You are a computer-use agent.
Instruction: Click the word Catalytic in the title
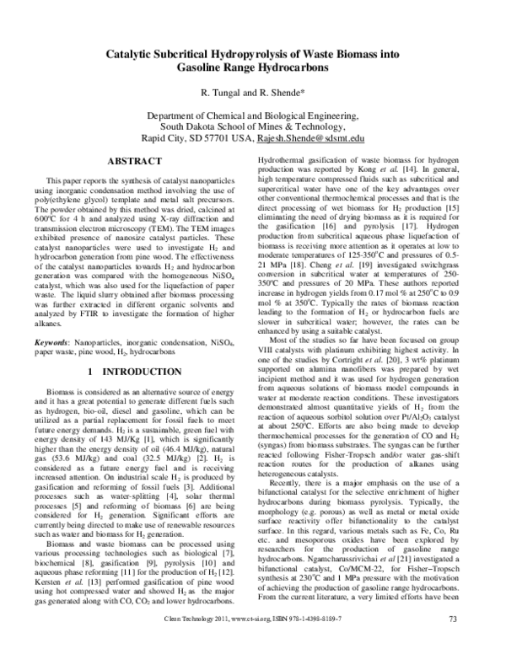tap(133, 53)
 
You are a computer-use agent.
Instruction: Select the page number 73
tap(453, 644)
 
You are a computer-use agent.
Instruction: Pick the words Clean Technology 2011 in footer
tap(196, 644)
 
